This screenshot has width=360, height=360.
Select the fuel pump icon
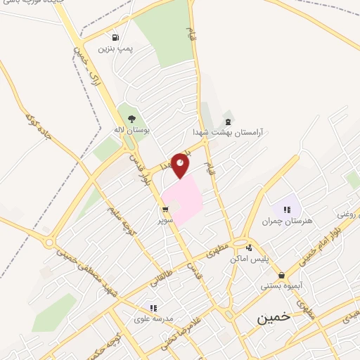click(x=115, y=37)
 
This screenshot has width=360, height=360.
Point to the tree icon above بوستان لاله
click(x=131, y=118)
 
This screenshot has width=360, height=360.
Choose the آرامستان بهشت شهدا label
click(x=226, y=131)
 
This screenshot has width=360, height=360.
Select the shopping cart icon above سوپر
click(x=165, y=210)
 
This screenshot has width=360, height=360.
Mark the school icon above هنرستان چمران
click(x=286, y=210)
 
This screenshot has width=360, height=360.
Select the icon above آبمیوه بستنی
click(x=282, y=275)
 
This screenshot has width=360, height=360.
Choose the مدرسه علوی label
click(x=153, y=319)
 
